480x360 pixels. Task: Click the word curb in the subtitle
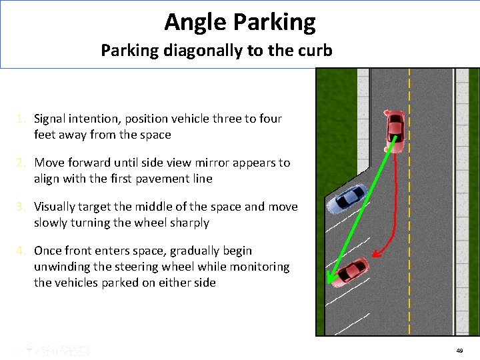tap(315, 50)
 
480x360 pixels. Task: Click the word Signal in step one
tap(51, 119)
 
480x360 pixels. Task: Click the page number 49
tap(459, 351)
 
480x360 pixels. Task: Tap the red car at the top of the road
tap(395, 128)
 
